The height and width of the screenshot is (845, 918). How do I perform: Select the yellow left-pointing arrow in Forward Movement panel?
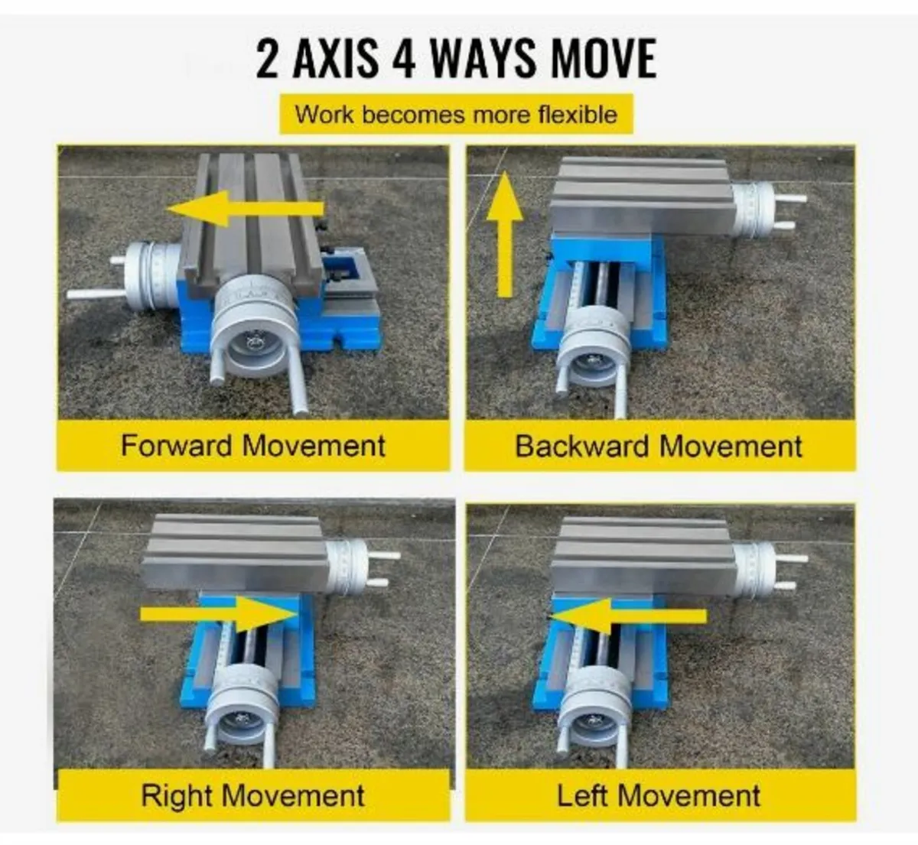pos(245,208)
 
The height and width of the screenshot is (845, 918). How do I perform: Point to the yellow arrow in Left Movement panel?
pos(627,615)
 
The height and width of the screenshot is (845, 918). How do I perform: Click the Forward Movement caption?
pos(252,446)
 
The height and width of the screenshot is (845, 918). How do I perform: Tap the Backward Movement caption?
pos(659,446)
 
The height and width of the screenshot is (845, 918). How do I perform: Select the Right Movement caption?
pos(252,795)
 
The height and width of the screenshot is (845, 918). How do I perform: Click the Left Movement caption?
pos(659,795)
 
